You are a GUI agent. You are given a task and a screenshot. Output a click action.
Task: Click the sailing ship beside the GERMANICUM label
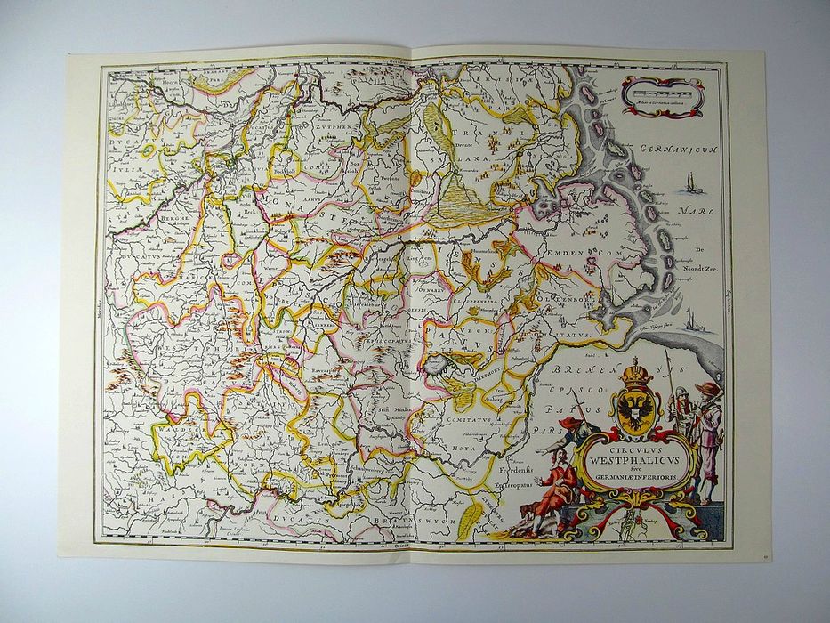click(692, 184)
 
